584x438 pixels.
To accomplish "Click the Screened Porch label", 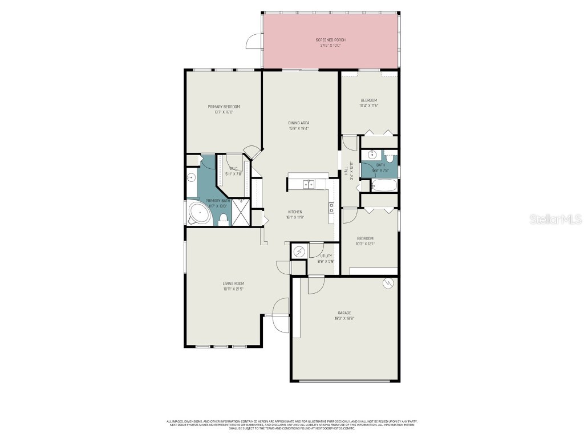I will [331, 40].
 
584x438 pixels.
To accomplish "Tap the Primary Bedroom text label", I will [224, 107].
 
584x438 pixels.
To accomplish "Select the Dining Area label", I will [298, 123].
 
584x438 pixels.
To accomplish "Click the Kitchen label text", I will [295, 212].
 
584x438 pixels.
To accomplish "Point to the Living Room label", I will [233, 283].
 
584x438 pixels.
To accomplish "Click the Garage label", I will [344, 313].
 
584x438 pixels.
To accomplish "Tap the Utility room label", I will [326, 256].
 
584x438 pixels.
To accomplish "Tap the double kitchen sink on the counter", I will [308, 184].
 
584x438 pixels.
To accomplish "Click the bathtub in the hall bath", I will [384, 185].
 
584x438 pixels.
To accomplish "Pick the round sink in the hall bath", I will [372, 154].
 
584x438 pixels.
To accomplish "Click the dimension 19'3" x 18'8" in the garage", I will [344, 319].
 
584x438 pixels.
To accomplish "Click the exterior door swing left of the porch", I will [254, 42].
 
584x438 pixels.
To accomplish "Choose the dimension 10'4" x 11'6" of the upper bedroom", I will [368, 106].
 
